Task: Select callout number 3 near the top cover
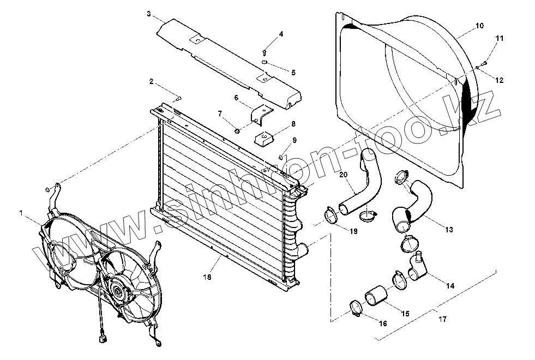tap(148, 13)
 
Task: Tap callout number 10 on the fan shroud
tap(479, 26)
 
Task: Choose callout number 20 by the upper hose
tap(342, 175)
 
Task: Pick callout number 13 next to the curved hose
tap(449, 230)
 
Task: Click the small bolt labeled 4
tap(264, 52)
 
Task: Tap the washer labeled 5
tap(264, 63)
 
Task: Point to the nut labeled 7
tap(238, 130)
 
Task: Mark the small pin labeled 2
tap(178, 98)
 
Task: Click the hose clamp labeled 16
tap(356, 309)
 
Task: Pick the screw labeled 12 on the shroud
tap(477, 67)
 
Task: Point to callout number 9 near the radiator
tap(294, 140)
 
